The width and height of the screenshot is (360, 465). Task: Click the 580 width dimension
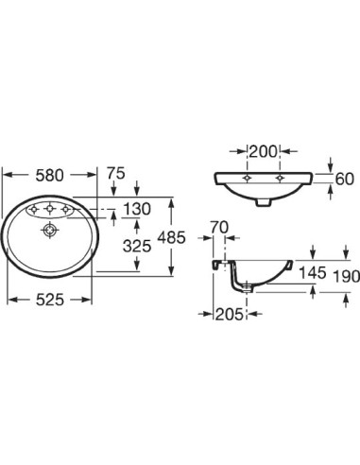[49, 175]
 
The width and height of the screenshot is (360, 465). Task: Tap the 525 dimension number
[50, 300]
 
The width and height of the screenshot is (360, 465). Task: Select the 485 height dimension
[171, 237]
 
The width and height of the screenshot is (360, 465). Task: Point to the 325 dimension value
[137, 246]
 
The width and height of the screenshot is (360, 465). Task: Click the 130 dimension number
[137, 209]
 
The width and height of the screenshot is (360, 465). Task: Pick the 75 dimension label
[116, 173]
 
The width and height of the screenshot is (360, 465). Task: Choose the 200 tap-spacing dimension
[263, 151]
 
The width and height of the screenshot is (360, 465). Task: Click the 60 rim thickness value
[344, 179]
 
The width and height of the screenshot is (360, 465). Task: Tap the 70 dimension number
[219, 227]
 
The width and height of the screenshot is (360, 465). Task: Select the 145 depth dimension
[312, 272]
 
